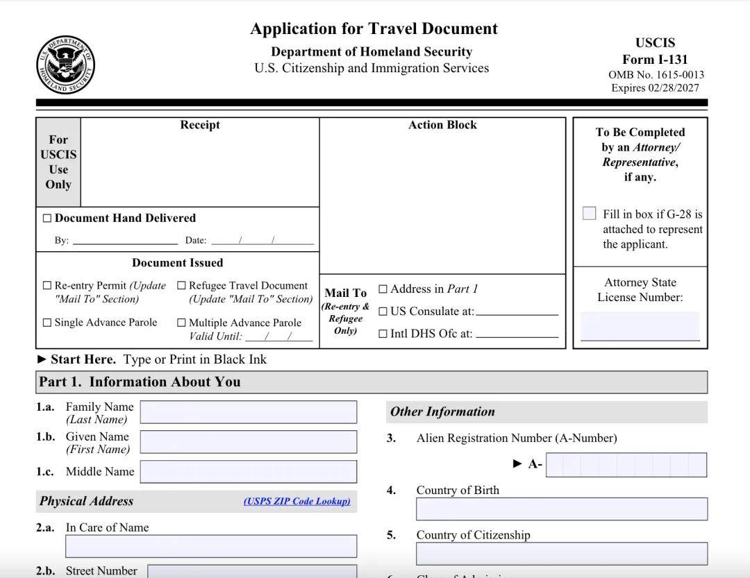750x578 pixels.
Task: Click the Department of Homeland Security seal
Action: coord(65,66)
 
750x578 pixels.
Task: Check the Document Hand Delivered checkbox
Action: coord(47,219)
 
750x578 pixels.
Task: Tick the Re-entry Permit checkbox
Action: coord(47,285)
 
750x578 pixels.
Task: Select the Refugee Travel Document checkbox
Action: coord(181,285)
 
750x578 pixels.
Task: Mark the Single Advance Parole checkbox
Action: coord(47,323)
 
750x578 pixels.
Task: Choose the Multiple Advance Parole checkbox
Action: coord(181,323)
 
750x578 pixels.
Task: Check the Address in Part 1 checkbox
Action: coord(383,289)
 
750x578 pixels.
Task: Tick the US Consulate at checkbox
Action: coord(383,312)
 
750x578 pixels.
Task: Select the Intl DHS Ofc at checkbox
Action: coord(383,334)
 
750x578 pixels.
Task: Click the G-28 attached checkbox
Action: coord(590,213)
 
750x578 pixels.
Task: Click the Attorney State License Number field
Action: coord(640,325)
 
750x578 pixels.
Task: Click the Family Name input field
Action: coord(249,412)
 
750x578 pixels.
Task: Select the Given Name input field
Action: coord(249,442)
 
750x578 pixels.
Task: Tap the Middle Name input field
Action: coord(249,472)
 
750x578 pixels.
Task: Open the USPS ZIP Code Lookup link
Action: coord(297,501)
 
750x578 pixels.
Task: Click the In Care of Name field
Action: coord(211,546)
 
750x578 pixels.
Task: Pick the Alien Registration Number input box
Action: coord(626,465)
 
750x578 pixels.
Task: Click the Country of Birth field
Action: coord(561,509)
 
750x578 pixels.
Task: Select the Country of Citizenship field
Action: coord(561,554)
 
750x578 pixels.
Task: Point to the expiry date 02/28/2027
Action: coord(673,88)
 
